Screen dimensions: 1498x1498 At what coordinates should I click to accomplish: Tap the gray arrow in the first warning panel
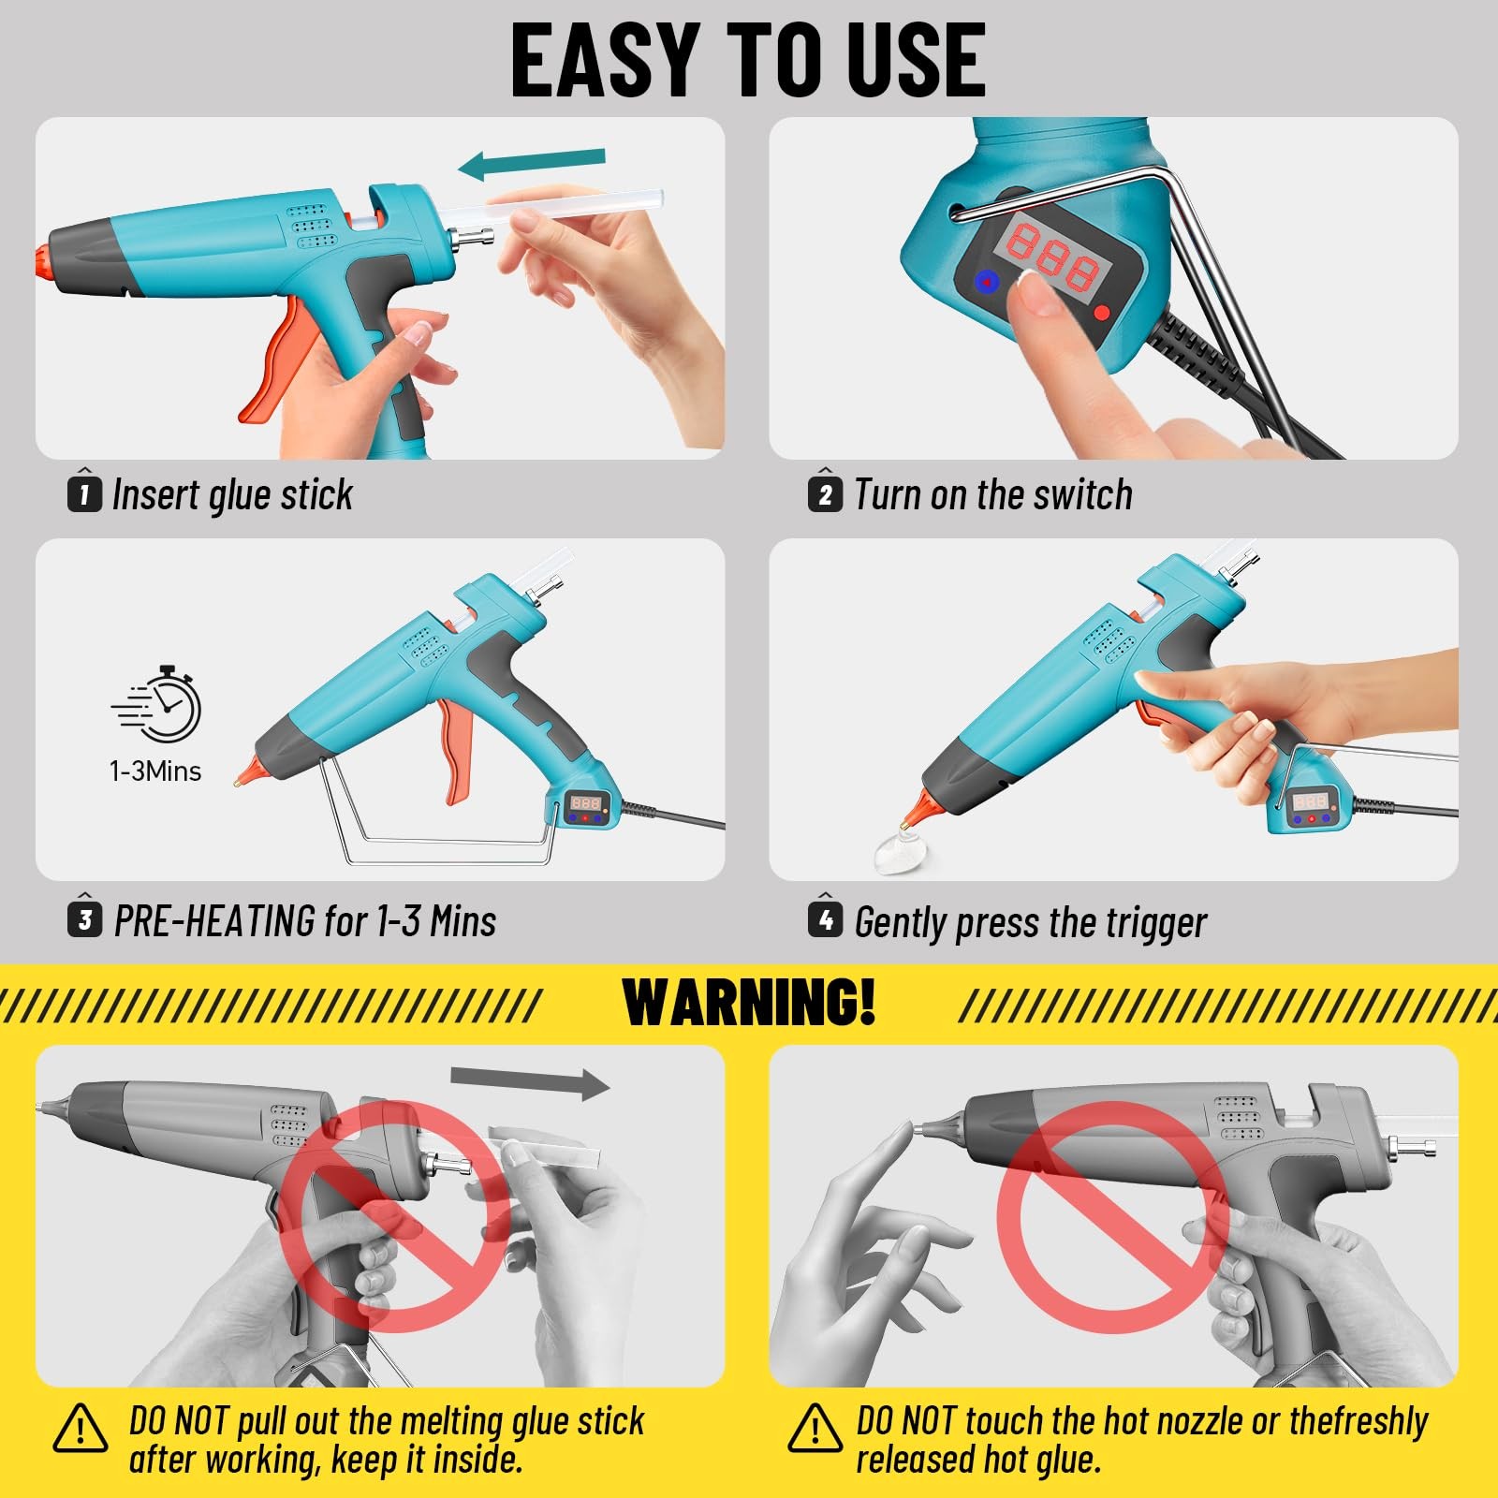coord(530,1082)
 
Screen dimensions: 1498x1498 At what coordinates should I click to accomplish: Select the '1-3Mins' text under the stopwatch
coord(155,771)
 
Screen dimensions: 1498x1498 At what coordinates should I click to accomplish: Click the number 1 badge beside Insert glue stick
coord(84,493)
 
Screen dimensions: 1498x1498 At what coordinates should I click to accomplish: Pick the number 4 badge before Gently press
coord(825,920)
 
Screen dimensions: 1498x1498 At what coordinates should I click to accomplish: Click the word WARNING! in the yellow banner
coord(749,1003)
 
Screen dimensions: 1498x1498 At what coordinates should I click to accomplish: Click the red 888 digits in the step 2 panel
coord(1052,255)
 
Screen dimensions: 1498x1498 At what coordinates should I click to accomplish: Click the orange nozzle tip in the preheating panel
coord(247,773)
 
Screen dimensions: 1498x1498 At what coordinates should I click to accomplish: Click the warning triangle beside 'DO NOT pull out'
coord(80,1430)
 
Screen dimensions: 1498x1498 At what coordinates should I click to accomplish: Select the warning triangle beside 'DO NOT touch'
coord(815,1430)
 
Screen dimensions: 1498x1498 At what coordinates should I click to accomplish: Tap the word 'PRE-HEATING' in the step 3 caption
coord(214,921)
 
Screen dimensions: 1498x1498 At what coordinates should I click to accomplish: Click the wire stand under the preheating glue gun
coord(440,851)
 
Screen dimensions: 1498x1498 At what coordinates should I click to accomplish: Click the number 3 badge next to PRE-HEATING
coord(84,920)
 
